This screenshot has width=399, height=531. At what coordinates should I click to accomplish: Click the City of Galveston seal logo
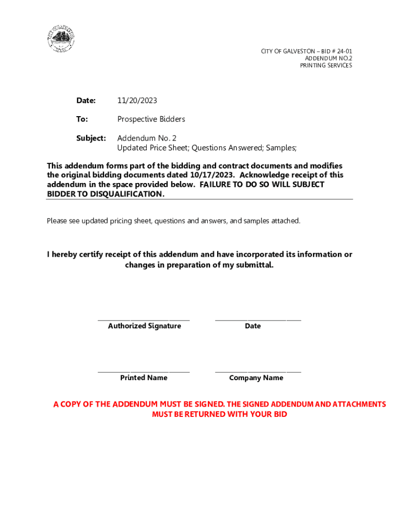(x=61, y=39)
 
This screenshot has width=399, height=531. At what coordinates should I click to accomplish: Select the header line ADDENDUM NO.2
(x=328, y=58)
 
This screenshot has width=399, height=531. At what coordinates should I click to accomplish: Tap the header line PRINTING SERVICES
(x=326, y=65)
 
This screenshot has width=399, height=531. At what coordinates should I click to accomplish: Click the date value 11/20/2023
(x=137, y=101)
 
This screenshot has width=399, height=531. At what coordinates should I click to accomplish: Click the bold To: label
(x=82, y=119)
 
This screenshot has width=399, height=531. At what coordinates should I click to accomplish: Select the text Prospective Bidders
(x=151, y=119)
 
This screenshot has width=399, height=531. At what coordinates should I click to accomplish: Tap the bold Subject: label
(x=91, y=138)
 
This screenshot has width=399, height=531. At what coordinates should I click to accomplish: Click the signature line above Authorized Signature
(x=144, y=320)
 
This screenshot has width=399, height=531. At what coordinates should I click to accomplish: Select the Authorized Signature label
(x=144, y=326)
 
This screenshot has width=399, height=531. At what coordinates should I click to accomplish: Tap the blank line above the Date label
(x=258, y=320)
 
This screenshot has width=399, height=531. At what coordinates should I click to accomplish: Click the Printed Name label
(x=144, y=378)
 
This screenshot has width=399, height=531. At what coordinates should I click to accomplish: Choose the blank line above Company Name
(x=258, y=372)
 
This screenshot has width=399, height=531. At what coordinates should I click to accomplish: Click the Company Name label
(x=256, y=378)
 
